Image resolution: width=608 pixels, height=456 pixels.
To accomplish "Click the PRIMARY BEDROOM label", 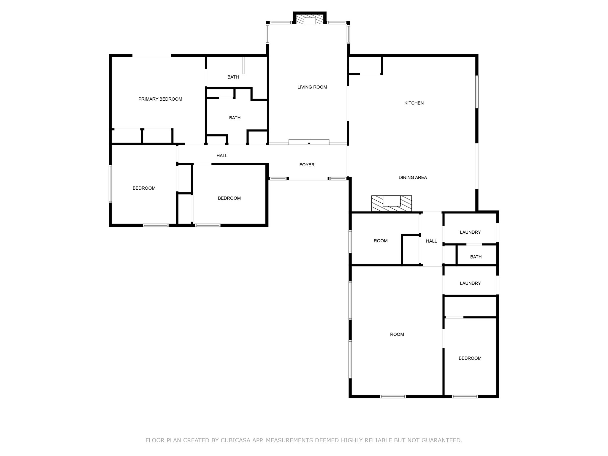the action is pyautogui.click(x=160, y=99).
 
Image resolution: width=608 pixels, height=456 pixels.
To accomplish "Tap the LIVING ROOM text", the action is pyautogui.click(x=312, y=87).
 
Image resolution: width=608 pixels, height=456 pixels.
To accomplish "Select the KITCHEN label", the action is pyautogui.click(x=414, y=103).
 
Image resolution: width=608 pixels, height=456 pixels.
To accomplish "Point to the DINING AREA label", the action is pyautogui.click(x=413, y=178).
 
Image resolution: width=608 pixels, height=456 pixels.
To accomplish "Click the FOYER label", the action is pyautogui.click(x=307, y=165).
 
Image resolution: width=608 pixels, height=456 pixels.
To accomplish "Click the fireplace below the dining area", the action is pyautogui.click(x=392, y=203).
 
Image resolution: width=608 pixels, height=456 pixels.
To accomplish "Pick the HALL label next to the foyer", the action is pyautogui.click(x=222, y=156).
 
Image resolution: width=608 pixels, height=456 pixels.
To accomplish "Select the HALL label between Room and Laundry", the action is pyautogui.click(x=431, y=241).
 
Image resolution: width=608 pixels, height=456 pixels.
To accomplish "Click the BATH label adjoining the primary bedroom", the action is pyautogui.click(x=233, y=77).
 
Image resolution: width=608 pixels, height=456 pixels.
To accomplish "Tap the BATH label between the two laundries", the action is pyautogui.click(x=476, y=257).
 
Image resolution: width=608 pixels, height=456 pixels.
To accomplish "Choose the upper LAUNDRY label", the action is pyautogui.click(x=470, y=232).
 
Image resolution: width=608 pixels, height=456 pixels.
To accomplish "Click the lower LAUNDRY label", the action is pyautogui.click(x=470, y=283).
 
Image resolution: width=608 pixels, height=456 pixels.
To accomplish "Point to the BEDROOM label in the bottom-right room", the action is pyautogui.click(x=470, y=358).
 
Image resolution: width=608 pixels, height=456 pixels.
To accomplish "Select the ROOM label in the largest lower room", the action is pyautogui.click(x=397, y=334).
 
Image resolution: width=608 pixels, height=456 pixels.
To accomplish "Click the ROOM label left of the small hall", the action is pyautogui.click(x=381, y=241).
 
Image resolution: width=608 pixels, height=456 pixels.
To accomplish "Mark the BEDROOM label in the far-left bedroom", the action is pyautogui.click(x=144, y=188).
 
